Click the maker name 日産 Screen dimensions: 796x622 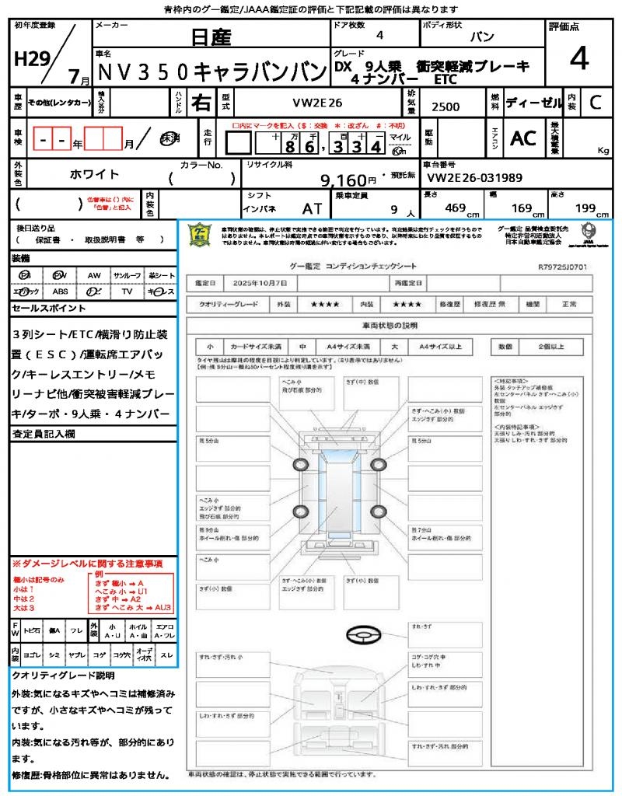click(x=209, y=37)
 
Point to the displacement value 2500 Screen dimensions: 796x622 click(x=445, y=106)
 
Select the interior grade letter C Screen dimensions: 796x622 click(x=596, y=102)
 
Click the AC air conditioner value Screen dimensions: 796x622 click(x=523, y=138)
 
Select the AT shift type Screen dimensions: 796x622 click(x=313, y=208)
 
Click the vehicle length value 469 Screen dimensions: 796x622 click(x=456, y=208)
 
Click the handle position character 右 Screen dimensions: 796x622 click(x=201, y=102)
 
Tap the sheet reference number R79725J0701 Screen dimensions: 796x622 click(x=562, y=266)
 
